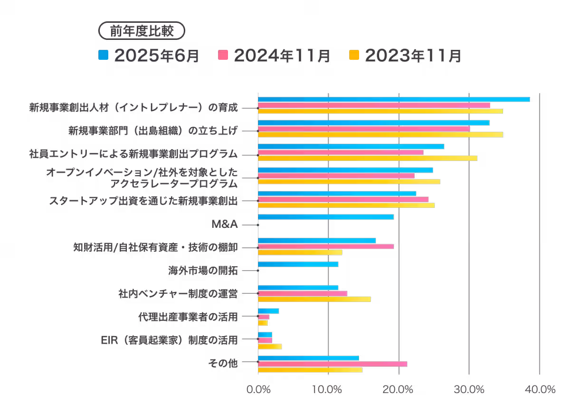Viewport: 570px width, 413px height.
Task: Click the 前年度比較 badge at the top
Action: point(141,31)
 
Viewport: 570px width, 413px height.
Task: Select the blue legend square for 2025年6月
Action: point(103,56)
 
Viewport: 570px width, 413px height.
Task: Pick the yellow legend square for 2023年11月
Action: point(354,56)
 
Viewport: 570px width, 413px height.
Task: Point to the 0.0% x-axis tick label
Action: point(258,389)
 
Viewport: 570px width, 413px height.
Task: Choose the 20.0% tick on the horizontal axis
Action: point(399,389)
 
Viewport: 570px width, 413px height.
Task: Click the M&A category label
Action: point(225,224)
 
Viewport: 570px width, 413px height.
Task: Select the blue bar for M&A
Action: point(326,217)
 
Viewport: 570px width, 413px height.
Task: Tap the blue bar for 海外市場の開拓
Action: point(298,264)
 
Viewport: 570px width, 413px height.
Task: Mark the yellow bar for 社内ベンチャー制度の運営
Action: point(314,299)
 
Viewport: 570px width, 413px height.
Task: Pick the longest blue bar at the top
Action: point(394,99)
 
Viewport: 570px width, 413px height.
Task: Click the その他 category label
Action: point(223,363)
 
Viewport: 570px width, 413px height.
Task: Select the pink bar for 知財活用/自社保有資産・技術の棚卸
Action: point(326,246)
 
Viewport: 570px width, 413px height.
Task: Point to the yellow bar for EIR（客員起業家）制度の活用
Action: point(270,346)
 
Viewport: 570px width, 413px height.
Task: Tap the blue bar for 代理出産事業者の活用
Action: point(268,311)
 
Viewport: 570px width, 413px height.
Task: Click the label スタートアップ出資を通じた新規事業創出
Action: point(143,200)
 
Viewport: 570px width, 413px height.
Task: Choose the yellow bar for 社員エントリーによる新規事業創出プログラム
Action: point(367,158)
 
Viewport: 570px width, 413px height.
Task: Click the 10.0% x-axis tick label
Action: point(328,389)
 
